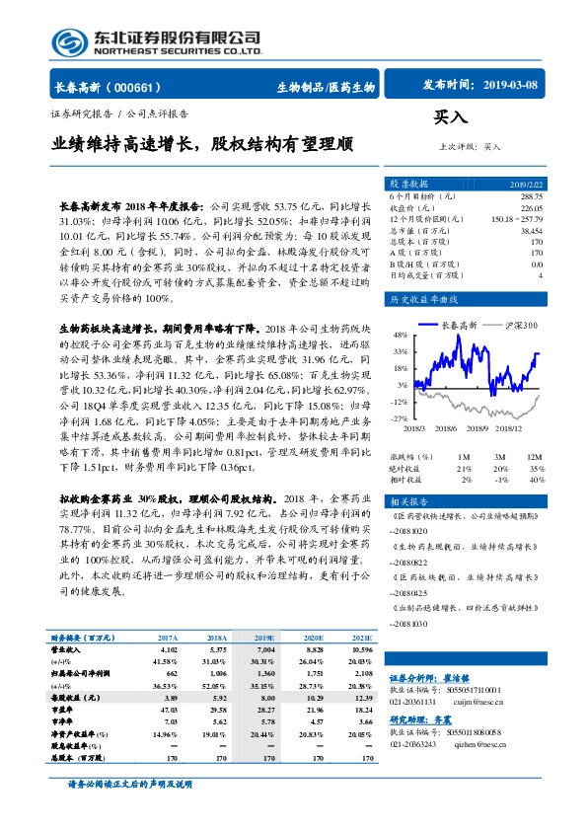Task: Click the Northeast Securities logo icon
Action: pos(68,42)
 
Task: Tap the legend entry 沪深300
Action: pos(519,324)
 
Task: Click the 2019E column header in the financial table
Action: pos(266,639)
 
